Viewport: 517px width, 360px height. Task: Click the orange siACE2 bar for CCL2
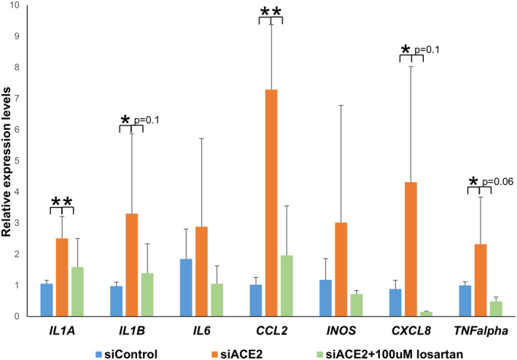pos(271,203)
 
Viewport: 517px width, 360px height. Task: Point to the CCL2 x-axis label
pos(271,330)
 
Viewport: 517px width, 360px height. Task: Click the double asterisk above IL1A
pos(61,202)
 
